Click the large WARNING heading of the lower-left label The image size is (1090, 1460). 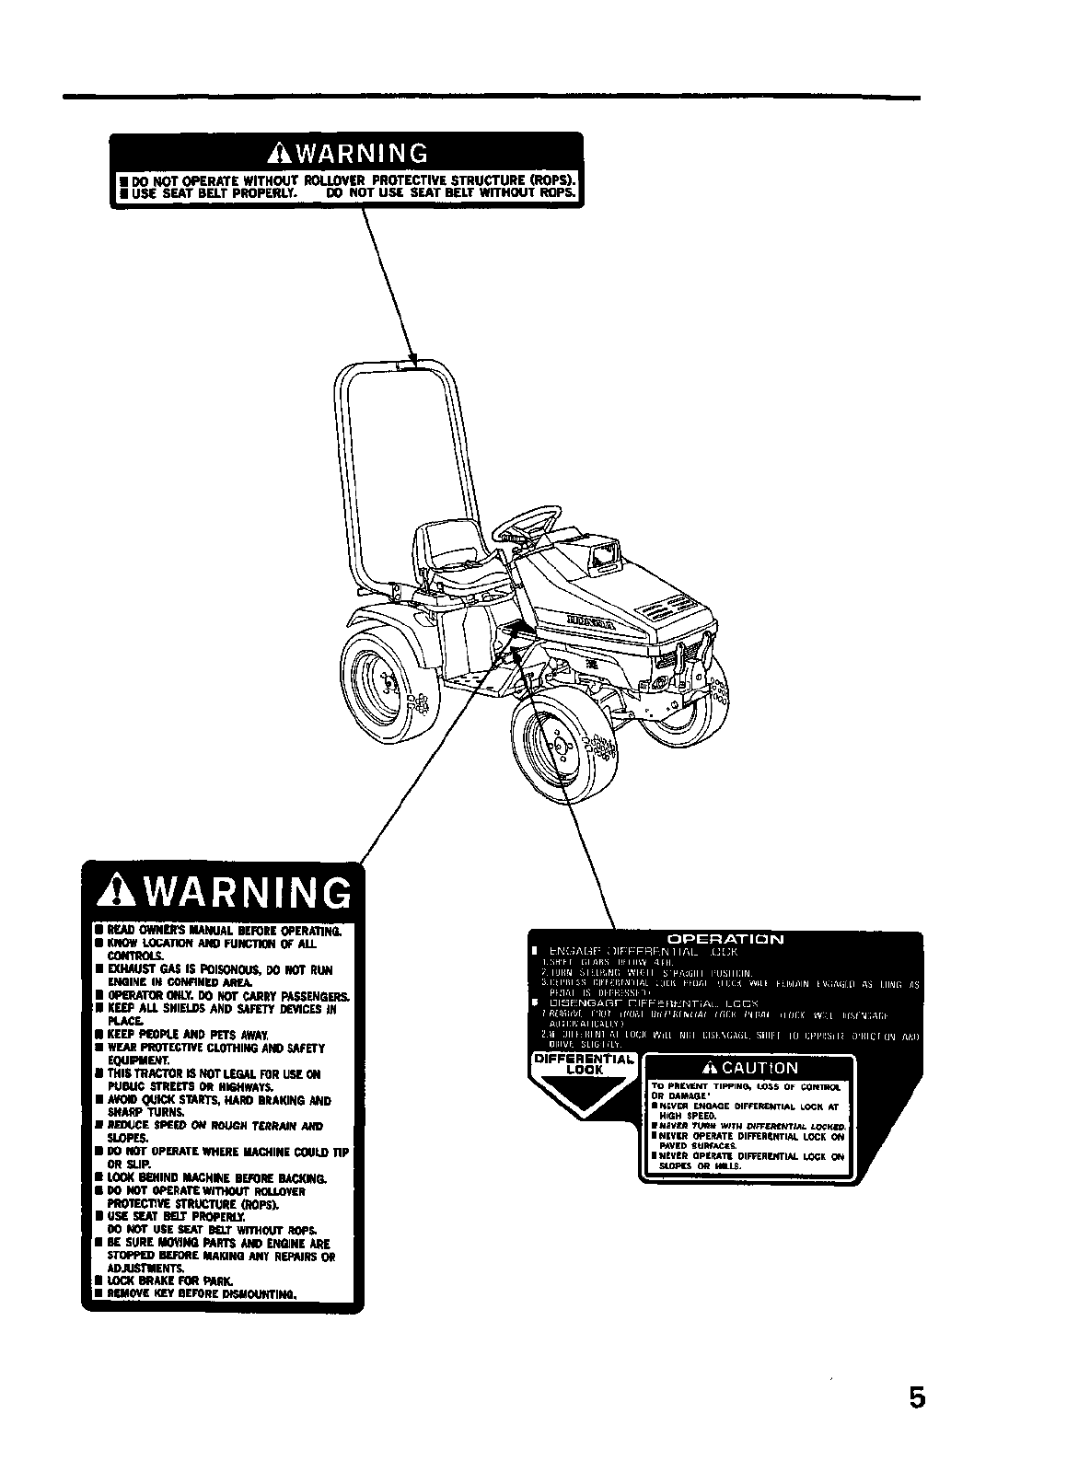coord(221,893)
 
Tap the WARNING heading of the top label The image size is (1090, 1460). coord(345,152)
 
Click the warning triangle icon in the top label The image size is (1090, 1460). coord(273,153)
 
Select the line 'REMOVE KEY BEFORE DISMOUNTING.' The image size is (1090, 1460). coord(201,1293)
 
